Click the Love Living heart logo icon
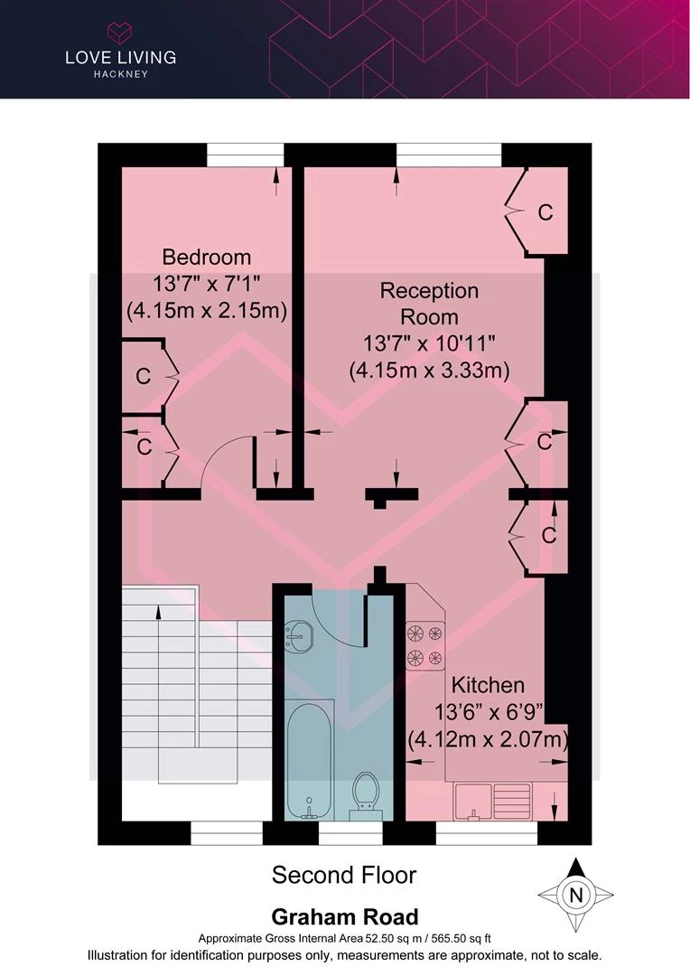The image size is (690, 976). (x=120, y=34)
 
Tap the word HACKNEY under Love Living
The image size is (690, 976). (x=120, y=74)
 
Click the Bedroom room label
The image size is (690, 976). (x=206, y=258)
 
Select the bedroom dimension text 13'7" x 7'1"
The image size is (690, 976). (x=206, y=284)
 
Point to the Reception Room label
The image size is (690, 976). (x=429, y=305)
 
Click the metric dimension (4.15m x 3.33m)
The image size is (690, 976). (x=429, y=371)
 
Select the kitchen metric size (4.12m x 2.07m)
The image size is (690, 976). (x=488, y=740)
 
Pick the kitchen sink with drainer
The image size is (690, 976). (x=493, y=801)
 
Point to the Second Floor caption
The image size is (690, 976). (x=344, y=875)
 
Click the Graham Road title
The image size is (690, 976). (x=344, y=917)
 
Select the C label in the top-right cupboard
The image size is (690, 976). (x=545, y=212)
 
